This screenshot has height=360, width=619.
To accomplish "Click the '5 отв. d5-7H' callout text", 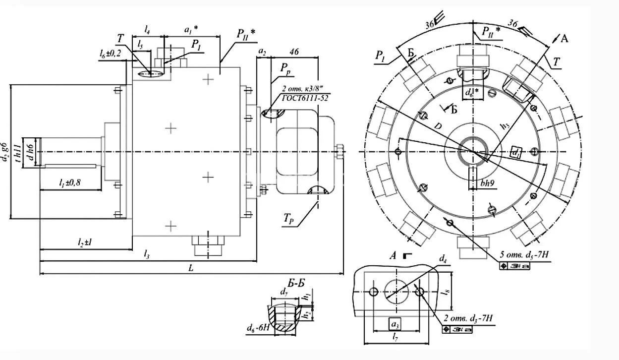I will coord(524,256).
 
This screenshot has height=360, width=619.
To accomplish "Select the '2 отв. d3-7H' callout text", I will coord(469,318).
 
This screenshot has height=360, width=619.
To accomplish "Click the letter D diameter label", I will coord(438,127).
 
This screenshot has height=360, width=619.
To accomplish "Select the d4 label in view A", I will coord(443,259).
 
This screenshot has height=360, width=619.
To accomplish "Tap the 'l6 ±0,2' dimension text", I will coord(110,53).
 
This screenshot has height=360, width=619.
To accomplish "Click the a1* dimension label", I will coord(191,30).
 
